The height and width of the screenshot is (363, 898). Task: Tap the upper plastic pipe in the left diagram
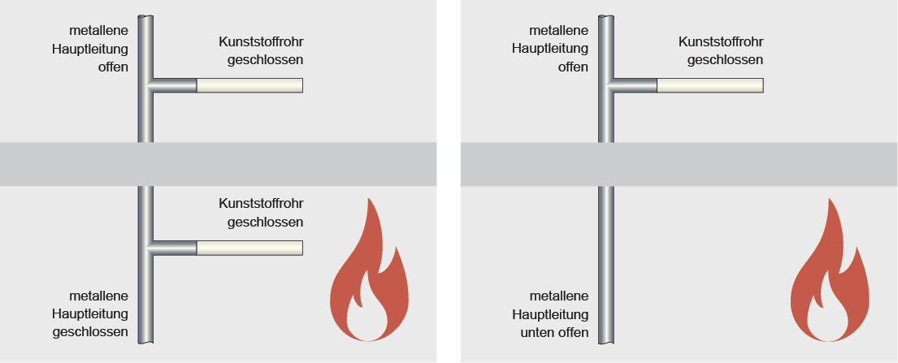(x=249, y=85)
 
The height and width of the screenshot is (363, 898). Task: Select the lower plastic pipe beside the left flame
(x=249, y=248)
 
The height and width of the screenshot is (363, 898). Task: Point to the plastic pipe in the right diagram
(x=709, y=85)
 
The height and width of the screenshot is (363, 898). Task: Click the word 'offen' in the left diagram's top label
(x=113, y=67)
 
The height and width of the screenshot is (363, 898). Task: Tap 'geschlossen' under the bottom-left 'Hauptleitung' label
(x=90, y=332)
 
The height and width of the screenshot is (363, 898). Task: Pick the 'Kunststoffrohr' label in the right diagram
(x=721, y=41)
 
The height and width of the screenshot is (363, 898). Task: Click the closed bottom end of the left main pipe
(x=145, y=342)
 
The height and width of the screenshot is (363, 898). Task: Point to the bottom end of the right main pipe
(x=605, y=342)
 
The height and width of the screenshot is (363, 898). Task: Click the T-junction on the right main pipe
(x=607, y=85)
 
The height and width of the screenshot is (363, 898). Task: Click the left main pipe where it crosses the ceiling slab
(x=145, y=164)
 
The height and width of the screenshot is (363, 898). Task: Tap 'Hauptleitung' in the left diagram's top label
(x=89, y=48)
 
